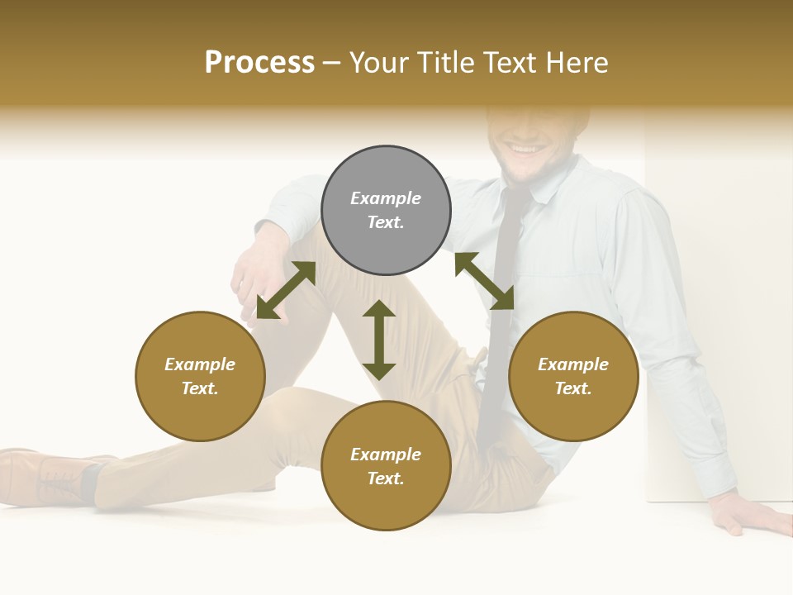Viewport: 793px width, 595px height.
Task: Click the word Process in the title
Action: point(259,63)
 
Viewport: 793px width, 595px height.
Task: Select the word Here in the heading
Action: point(577,63)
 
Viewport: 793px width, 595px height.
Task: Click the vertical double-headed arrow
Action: point(379,340)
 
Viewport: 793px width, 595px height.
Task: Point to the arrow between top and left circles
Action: point(286,290)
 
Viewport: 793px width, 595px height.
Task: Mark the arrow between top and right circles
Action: point(484,281)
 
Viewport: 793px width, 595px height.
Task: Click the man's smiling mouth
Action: point(522,150)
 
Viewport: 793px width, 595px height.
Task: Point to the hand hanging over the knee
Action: point(252,281)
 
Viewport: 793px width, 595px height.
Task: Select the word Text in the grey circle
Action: point(386,222)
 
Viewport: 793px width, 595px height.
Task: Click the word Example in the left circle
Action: point(200,364)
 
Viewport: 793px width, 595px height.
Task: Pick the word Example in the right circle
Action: point(573,364)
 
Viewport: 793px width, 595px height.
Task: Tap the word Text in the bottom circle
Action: point(386,478)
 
